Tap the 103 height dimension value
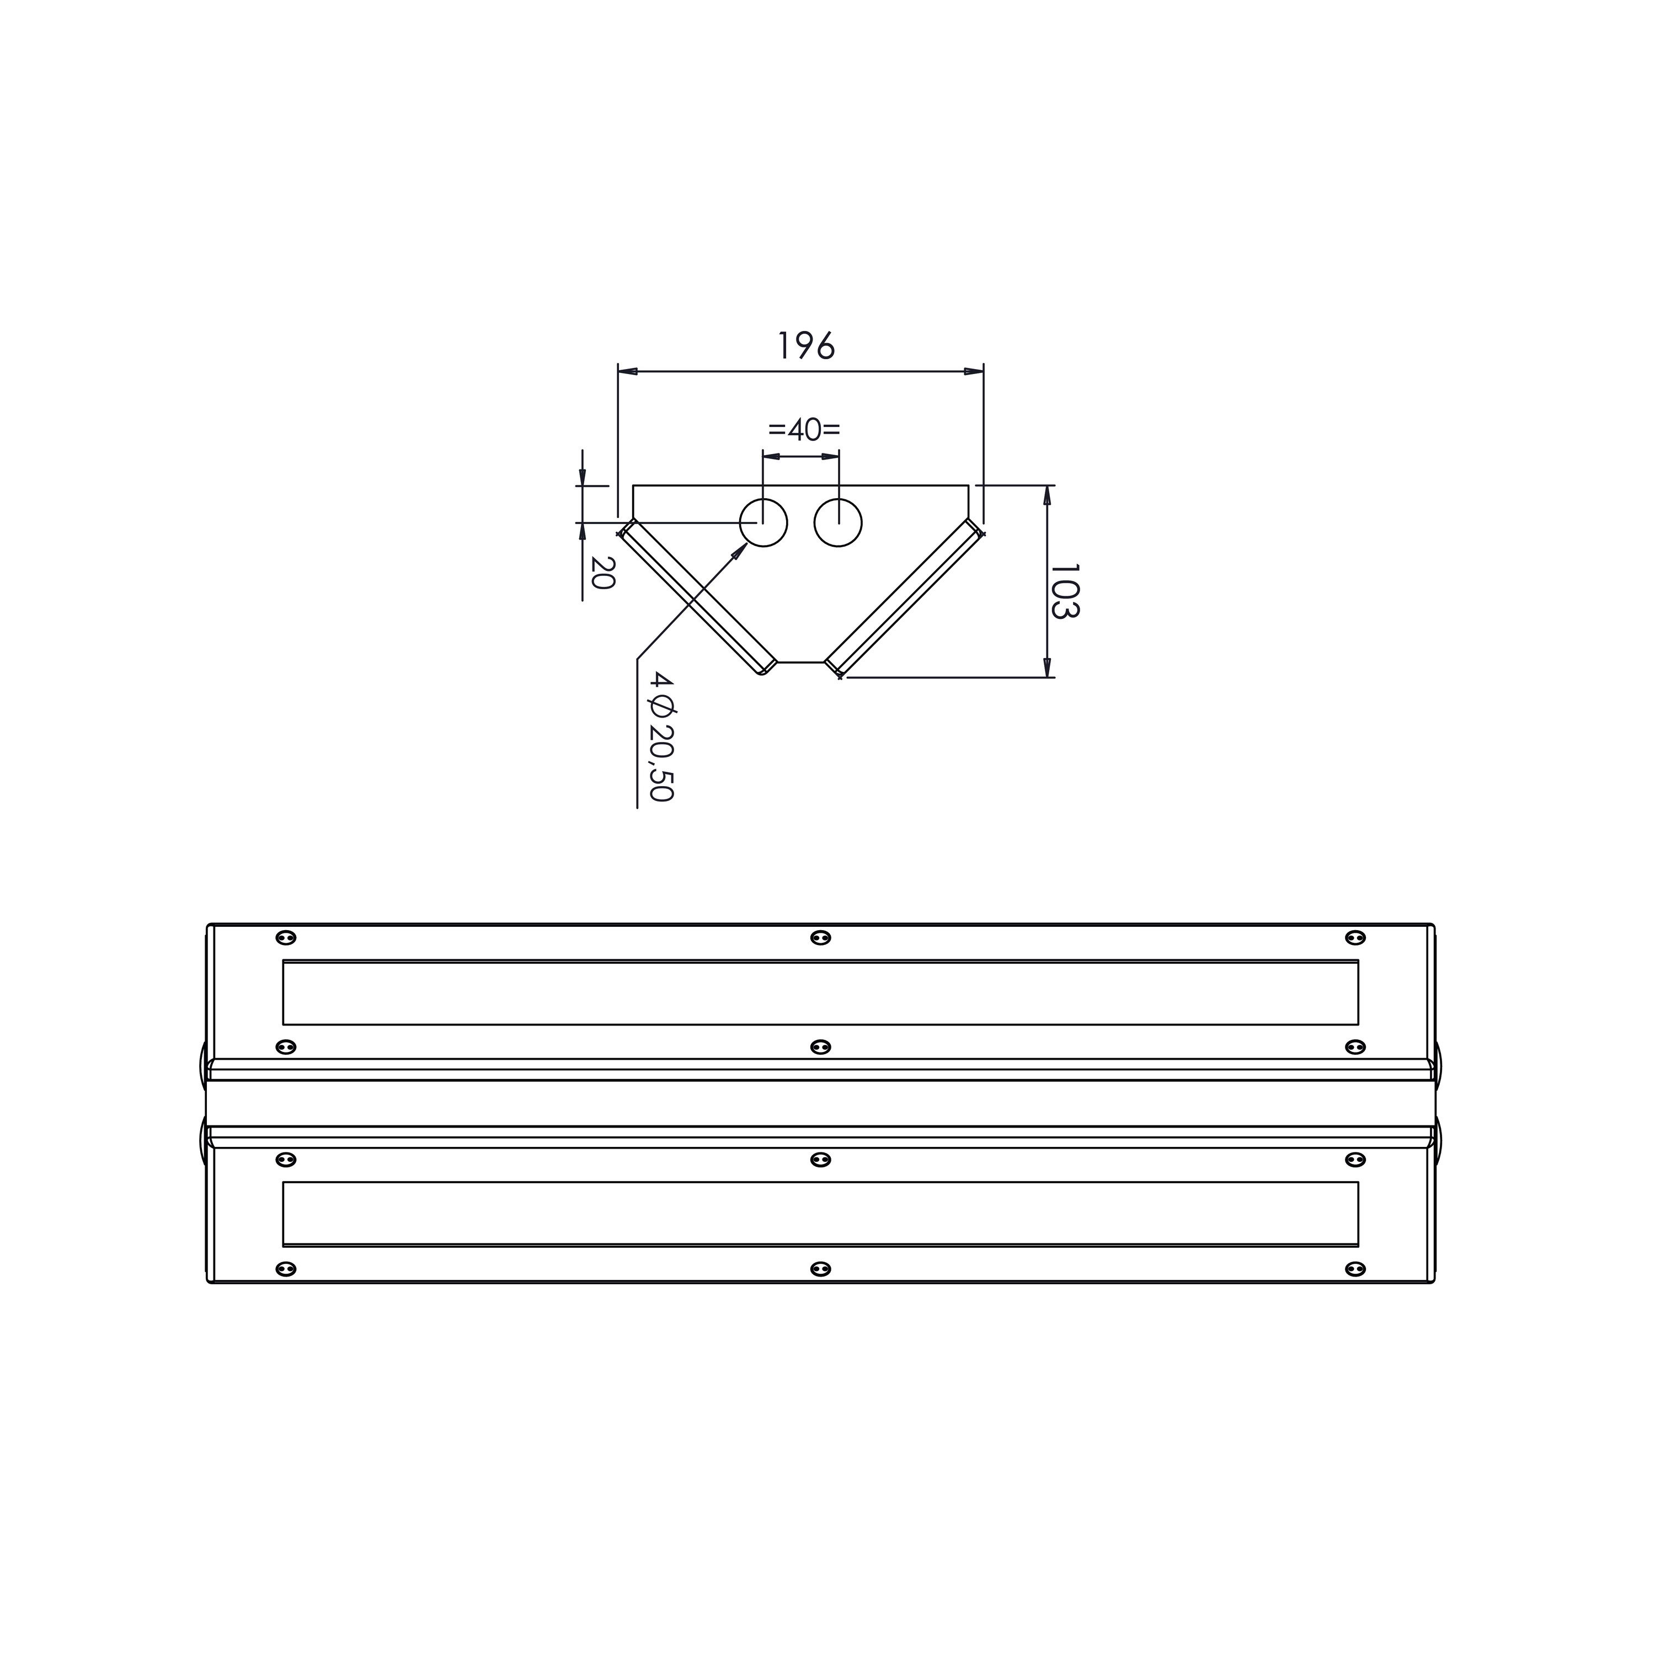coord(1065,591)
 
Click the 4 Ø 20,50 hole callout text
coord(662,736)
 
